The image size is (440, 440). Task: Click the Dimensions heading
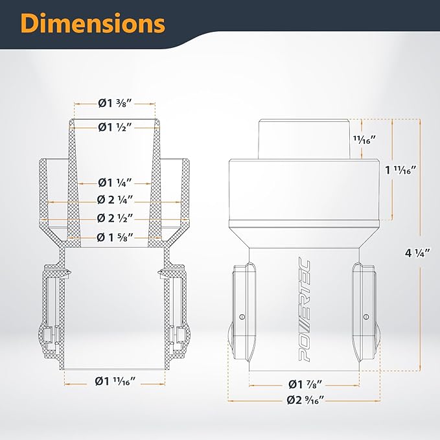(x=93, y=23)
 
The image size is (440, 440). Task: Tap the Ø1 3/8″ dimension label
(x=115, y=104)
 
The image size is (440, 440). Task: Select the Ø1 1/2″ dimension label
(x=115, y=128)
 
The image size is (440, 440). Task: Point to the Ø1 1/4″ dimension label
(x=115, y=183)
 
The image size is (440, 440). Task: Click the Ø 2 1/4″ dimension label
(x=115, y=200)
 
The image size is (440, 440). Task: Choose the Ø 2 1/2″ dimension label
(x=115, y=218)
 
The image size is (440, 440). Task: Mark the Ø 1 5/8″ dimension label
(x=115, y=237)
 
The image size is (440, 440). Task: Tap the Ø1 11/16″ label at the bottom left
(x=115, y=381)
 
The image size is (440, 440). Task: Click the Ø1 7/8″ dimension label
(x=305, y=384)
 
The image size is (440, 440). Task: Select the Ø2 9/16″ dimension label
(x=306, y=400)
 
